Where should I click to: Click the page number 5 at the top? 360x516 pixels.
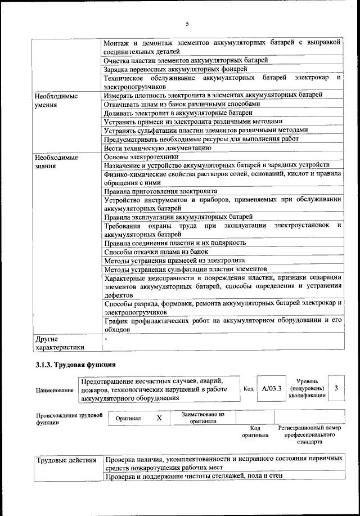pos(187,23)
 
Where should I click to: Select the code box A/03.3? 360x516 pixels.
pos(271,388)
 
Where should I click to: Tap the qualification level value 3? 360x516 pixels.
pos(336,388)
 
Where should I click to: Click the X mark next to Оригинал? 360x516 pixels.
pos(159,418)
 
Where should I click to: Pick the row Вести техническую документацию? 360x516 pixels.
pos(157,148)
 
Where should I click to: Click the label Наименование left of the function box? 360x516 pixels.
pos(55,389)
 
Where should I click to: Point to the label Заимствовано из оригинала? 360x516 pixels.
pos(203,418)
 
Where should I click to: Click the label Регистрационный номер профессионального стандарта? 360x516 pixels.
pos(309,435)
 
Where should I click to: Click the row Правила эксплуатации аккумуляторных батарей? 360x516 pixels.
pos(178,217)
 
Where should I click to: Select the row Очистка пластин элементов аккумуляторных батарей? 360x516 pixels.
pos(186,60)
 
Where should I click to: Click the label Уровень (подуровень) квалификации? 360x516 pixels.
pos(307,388)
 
